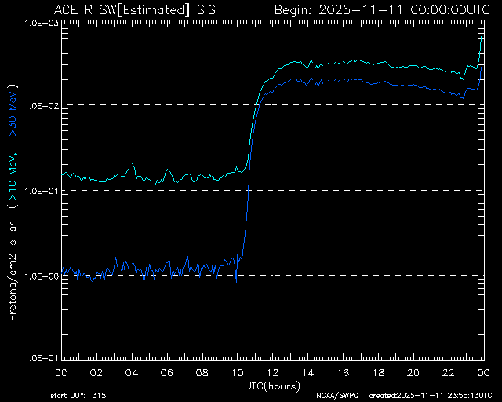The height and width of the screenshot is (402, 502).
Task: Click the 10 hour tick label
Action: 237,371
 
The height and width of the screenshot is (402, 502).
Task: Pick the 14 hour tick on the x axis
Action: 307,371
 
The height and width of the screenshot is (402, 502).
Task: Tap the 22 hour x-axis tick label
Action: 449,371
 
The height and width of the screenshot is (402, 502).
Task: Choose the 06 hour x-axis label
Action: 166,371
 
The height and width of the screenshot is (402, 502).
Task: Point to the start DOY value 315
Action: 100,394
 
